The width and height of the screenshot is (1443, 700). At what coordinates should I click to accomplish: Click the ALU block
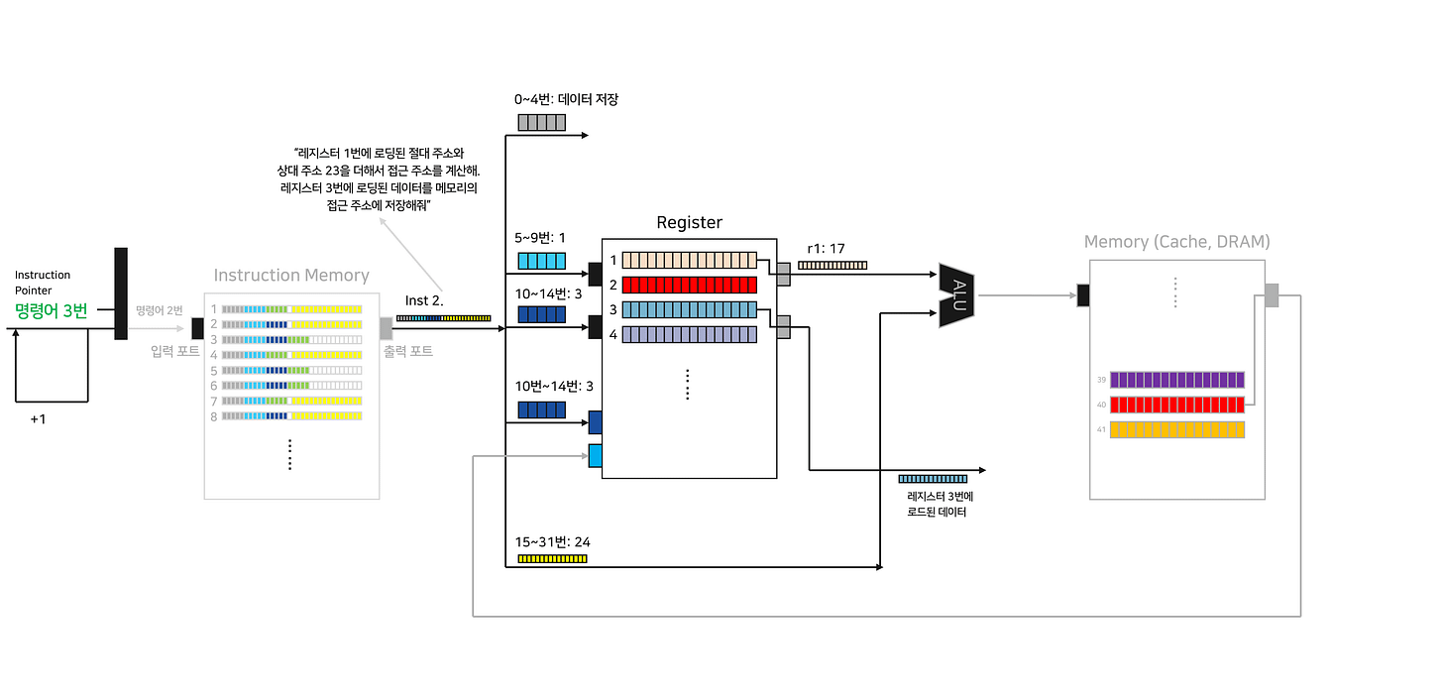point(957,295)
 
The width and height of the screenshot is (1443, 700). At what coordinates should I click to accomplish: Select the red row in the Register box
point(690,285)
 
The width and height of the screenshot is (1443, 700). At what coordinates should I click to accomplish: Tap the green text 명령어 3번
point(51,310)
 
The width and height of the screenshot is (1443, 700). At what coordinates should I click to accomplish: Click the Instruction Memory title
point(291,276)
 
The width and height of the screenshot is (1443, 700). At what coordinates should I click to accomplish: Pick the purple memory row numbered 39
point(1177,380)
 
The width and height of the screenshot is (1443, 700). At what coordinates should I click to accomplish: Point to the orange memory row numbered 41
point(1177,429)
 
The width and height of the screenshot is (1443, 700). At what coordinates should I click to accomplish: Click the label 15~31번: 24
point(552,542)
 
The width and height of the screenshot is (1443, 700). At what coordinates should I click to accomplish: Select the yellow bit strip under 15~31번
point(552,559)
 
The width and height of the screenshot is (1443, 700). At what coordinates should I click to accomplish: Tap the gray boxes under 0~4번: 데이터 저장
point(542,123)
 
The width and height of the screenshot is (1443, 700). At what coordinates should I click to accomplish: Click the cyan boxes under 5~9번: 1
point(542,261)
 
